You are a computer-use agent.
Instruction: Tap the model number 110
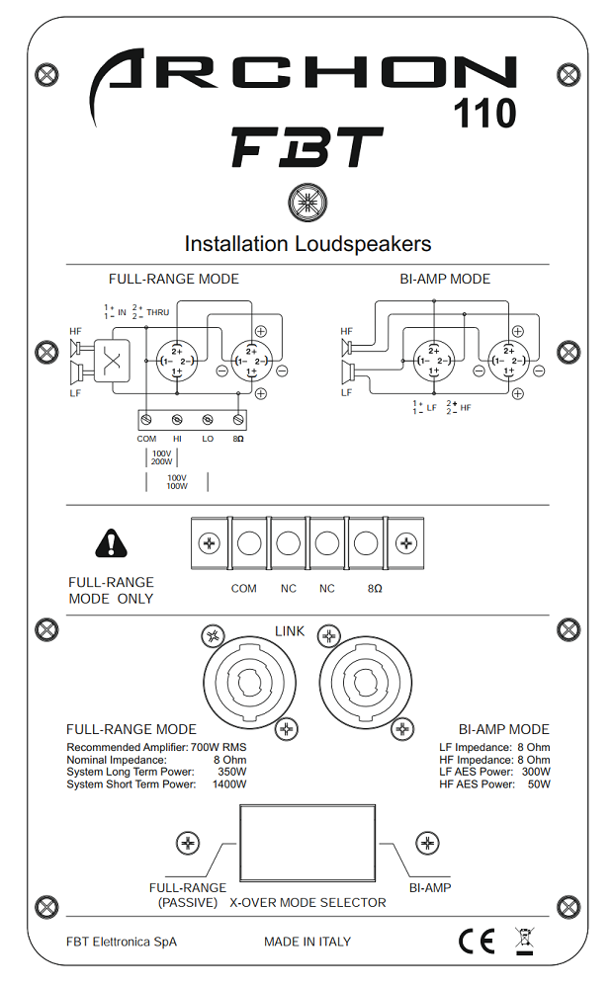pyautogui.click(x=485, y=115)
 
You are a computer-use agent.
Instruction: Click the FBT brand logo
pyautogui.click(x=307, y=148)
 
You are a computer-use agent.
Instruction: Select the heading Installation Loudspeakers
pyautogui.click(x=307, y=243)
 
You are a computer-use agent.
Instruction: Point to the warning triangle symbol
pyautogui.click(x=112, y=542)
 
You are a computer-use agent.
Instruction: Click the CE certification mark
pyautogui.click(x=476, y=942)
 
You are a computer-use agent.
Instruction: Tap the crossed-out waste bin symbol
pyautogui.click(x=524, y=941)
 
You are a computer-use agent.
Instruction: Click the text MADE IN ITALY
pyautogui.click(x=307, y=942)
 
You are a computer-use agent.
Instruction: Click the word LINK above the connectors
pyautogui.click(x=290, y=630)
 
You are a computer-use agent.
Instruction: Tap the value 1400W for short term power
pyautogui.click(x=229, y=784)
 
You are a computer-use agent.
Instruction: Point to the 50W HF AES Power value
pyautogui.click(x=537, y=784)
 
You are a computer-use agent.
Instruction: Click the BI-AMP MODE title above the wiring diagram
pyautogui.click(x=444, y=280)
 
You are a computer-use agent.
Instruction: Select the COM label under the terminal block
pyautogui.click(x=243, y=588)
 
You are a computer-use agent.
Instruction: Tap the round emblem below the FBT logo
pyautogui.click(x=307, y=203)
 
